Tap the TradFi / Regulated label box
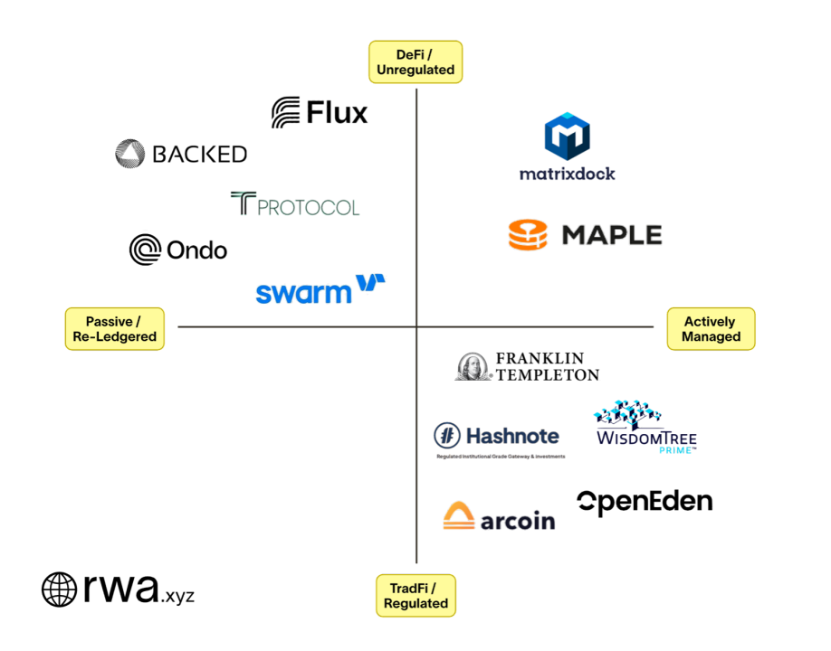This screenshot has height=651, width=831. click(415, 596)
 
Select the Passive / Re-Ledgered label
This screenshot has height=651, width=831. click(115, 329)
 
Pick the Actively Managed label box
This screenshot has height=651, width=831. click(711, 329)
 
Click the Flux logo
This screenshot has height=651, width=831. click(320, 113)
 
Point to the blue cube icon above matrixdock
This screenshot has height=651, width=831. click(568, 137)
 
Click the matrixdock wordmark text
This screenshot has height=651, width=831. click(568, 174)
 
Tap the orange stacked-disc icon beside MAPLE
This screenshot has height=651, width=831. click(528, 234)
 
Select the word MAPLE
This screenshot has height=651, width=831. click(613, 235)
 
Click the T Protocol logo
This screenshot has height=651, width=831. click(295, 204)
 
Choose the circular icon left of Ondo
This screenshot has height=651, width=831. click(145, 249)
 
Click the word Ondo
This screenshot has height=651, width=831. click(196, 250)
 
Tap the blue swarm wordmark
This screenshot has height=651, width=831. click(303, 293)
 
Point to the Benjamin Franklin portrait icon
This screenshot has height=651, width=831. click(473, 366)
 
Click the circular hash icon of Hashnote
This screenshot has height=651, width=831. click(447, 436)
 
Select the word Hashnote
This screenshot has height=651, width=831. click(511, 437)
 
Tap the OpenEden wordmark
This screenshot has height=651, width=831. click(645, 501)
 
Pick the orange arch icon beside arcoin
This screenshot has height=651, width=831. click(459, 516)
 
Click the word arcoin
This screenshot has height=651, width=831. click(517, 520)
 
